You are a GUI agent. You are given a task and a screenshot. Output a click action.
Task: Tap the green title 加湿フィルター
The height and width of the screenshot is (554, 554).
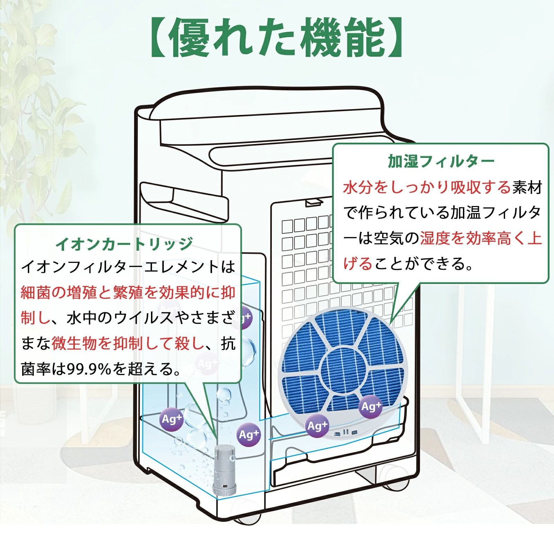tap(441, 161)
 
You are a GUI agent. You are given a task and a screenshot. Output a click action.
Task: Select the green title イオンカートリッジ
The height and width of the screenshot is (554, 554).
tap(124, 243)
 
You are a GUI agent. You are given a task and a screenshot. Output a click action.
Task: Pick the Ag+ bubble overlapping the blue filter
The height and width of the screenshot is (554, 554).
tap(371, 406)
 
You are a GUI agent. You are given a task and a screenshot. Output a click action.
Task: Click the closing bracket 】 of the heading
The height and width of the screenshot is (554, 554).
tap(395, 38)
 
